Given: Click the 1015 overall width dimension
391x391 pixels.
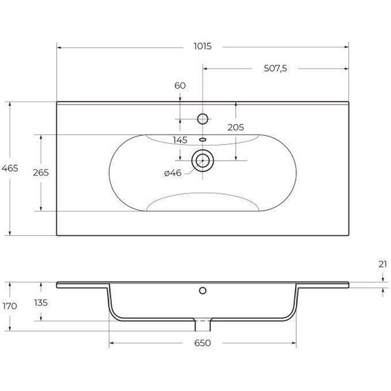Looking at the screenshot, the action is point(202,47).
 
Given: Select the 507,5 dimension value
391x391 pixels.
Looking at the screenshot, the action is point(275,69).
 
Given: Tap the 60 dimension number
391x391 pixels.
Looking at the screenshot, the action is point(180,86).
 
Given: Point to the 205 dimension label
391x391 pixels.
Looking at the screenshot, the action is point(236,128).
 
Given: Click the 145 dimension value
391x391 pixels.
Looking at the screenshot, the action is point(180,140).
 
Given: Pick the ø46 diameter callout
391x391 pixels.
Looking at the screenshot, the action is point(173,173).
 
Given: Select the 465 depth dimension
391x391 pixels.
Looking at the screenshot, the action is point(10,168).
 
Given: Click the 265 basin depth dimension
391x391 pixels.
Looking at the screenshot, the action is point(41,173).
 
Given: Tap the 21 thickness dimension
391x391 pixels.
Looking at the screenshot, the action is point(383,264).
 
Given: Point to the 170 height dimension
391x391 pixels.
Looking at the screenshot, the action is point(10,306).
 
